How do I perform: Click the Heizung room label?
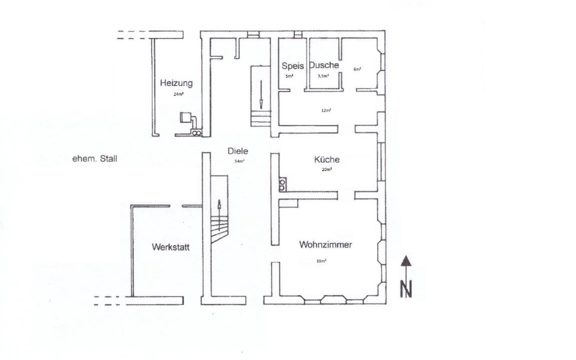click(176, 83)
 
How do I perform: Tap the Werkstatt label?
click(171, 247)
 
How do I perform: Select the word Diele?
click(237, 151)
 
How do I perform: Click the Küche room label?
click(326, 159)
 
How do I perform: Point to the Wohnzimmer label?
click(325, 244)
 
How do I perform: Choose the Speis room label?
click(292, 66)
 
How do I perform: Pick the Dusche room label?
click(324, 65)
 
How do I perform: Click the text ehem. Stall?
click(95, 158)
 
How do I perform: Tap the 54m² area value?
click(239, 161)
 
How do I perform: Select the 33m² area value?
click(321, 261)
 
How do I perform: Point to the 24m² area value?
click(178, 94)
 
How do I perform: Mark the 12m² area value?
click(326, 110)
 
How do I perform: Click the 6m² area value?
click(357, 69)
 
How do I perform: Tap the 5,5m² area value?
click(323, 76)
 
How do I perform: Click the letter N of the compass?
click(406, 288)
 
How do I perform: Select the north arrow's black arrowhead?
click(405, 260)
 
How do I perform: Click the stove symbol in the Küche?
click(282, 184)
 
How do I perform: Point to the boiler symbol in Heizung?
click(185, 117)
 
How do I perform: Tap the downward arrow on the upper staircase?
click(261, 94)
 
